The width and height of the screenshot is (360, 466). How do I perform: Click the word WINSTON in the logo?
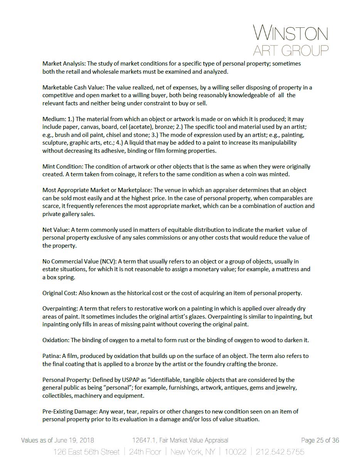coord(291,34)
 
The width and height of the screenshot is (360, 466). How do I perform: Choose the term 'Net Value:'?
coord(56,230)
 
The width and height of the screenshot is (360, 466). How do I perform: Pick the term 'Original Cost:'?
coord(60,293)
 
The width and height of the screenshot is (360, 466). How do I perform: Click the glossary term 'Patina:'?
coord(51,356)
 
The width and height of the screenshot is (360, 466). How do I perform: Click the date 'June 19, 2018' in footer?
coord(75,441)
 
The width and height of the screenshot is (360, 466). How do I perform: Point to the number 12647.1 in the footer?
coord(143,441)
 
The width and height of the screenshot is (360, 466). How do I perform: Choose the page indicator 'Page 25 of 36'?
coord(320,441)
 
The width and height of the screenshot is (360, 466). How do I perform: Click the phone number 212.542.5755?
coord(281,452)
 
